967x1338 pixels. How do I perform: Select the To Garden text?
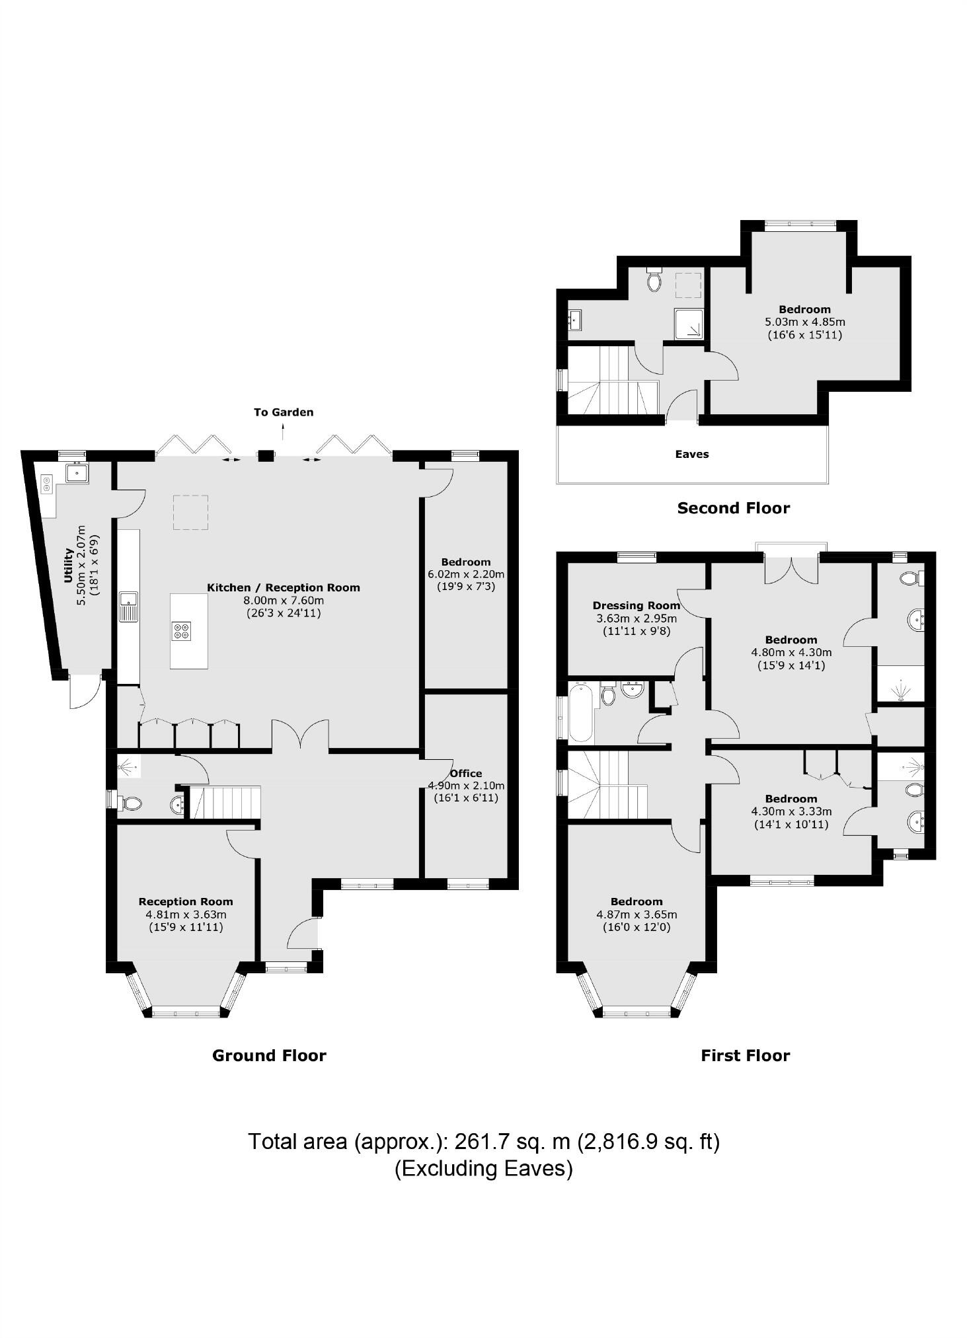pos(284,412)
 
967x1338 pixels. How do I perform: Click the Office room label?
pos(466,773)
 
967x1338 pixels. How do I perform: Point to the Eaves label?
pos(691,455)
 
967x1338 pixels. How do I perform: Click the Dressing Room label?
pos(636,605)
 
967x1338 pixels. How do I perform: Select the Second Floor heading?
pos(733,508)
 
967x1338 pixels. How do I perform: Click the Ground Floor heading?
pos(269,1055)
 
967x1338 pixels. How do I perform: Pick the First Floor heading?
pos(745,1055)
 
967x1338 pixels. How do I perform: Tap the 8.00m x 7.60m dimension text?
pos(284,601)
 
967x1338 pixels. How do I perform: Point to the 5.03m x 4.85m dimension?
pos(804,322)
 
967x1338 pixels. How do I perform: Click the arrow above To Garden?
pos(284,432)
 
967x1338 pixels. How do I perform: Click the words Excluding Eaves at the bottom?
pos(483,1168)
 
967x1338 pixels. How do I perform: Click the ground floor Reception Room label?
pos(186,901)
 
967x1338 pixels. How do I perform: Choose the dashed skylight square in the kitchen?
pos(190,513)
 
